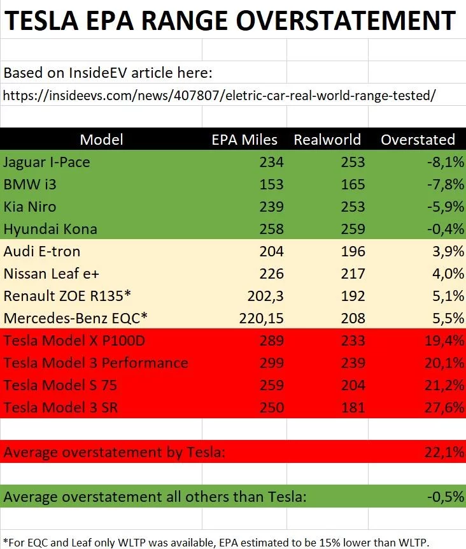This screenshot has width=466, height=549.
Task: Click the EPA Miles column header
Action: pyautogui.click(x=244, y=140)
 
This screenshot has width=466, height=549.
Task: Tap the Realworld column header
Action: pyautogui.click(x=327, y=140)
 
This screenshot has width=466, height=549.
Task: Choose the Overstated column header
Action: pyautogui.click(x=418, y=140)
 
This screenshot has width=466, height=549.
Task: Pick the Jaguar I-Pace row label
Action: pyautogui.click(x=46, y=162)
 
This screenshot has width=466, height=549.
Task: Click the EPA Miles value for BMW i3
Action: pyautogui.click(x=271, y=184)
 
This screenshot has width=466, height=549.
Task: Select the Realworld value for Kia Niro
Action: pyautogui.click(x=352, y=207)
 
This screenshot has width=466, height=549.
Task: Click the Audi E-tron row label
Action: pyautogui.click(x=42, y=251)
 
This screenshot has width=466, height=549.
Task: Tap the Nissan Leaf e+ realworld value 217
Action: pyautogui.click(x=352, y=274)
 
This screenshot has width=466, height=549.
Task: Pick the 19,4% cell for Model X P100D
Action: pyautogui.click(x=444, y=340)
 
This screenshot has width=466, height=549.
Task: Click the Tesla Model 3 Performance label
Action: pyautogui.click(x=96, y=363)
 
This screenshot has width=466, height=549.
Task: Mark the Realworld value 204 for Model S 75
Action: pyautogui.click(x=352, y=385)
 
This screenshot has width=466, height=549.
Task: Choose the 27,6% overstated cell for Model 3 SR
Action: pyautogui.click(x=444, y=407)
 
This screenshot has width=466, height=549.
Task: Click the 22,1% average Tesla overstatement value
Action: pyautogui.click(x=444, y=452)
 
